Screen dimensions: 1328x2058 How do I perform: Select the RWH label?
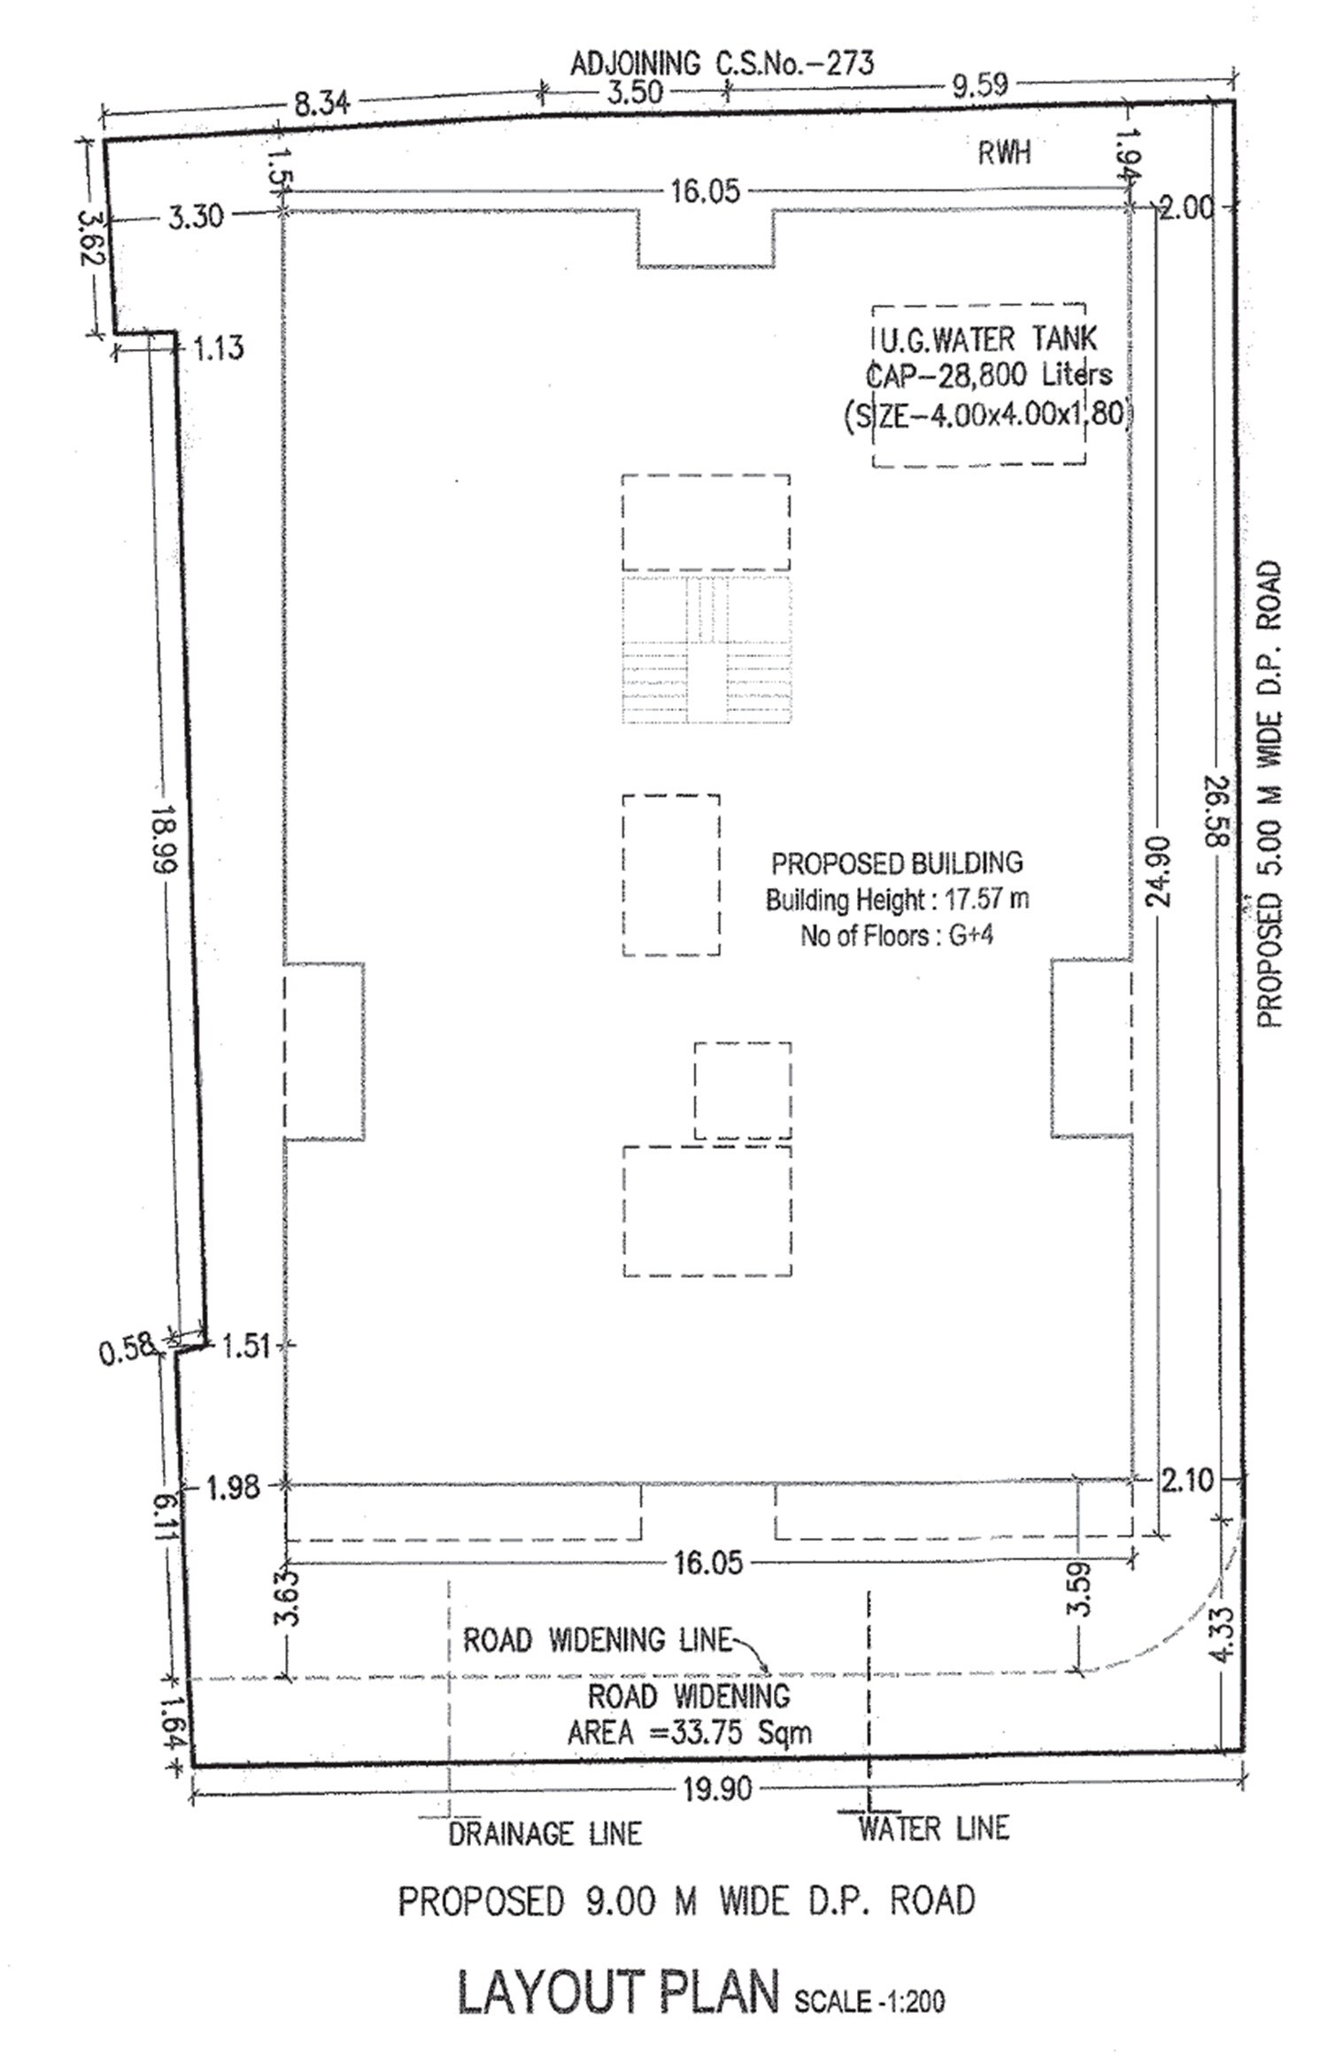tap(1004, 153)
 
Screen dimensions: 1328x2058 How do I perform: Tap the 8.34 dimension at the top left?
tap(321, 104)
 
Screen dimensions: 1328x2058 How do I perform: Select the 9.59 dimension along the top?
tap(980, 85)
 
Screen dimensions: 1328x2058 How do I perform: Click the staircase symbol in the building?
tap(706, 649)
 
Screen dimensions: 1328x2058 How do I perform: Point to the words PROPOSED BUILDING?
tap(897, 863)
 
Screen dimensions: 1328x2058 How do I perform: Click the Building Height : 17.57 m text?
tap(897, 900)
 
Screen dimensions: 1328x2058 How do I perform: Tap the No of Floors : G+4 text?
tap(897, 936)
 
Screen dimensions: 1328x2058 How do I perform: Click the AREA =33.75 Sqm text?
tap(690, 1732)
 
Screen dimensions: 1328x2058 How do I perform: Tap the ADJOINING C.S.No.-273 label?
tap(722, 63)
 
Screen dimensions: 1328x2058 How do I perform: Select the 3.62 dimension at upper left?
tap(92, 237)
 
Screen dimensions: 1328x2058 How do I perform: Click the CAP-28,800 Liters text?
tap(988, 375)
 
